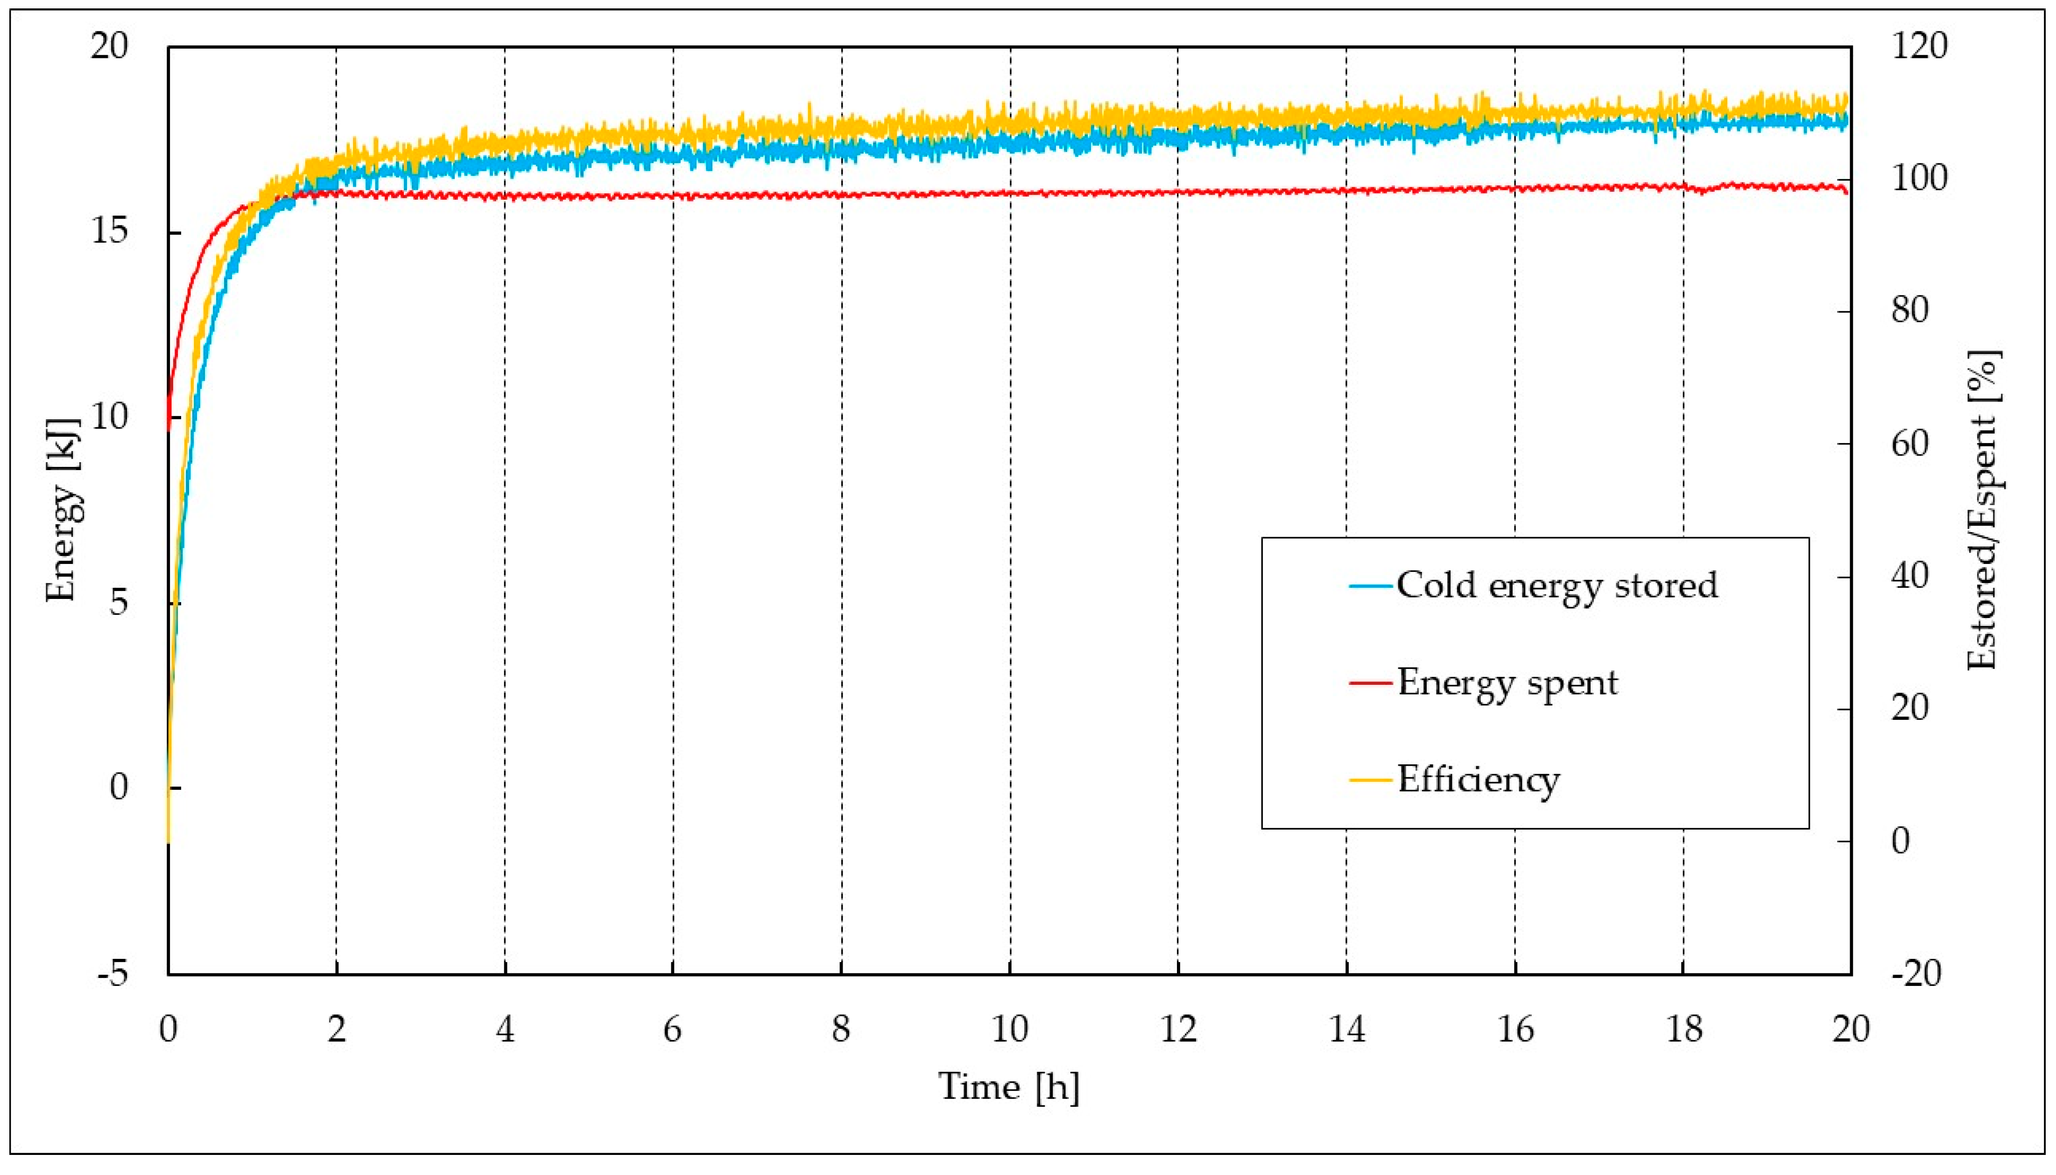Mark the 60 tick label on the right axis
[1909, 444]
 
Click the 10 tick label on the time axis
[1009, 1030]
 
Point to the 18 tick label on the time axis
[1683, 1030]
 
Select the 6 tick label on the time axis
[673, 1030]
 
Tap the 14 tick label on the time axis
[1346, 1030]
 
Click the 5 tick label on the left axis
[119, 603]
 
